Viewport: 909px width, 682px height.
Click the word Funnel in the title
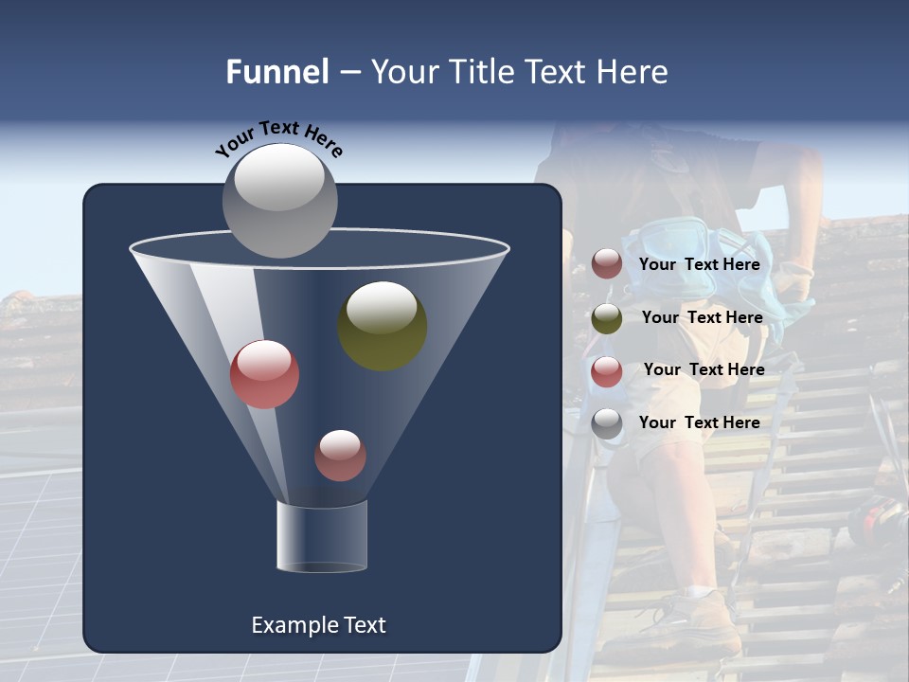point(276,72)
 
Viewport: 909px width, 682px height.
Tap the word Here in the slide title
point(632,72)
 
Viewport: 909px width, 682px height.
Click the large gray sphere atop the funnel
point(279,200)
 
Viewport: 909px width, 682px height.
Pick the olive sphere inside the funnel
point(382,326)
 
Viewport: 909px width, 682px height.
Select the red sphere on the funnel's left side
point(264,374)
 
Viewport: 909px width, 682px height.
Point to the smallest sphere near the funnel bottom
point(340,456)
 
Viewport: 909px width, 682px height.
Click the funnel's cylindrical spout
point(322,536)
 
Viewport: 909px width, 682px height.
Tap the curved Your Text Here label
point(278,138)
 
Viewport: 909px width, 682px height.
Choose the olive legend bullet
point(607,318)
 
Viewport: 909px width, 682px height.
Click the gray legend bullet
point(607,424)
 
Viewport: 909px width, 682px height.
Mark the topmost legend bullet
point(607,264)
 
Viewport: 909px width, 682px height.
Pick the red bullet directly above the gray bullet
point(607,371)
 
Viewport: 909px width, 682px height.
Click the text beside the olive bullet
point(702,317)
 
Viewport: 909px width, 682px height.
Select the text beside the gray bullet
point(699,422)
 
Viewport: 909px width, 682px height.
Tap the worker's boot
point(696,620)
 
